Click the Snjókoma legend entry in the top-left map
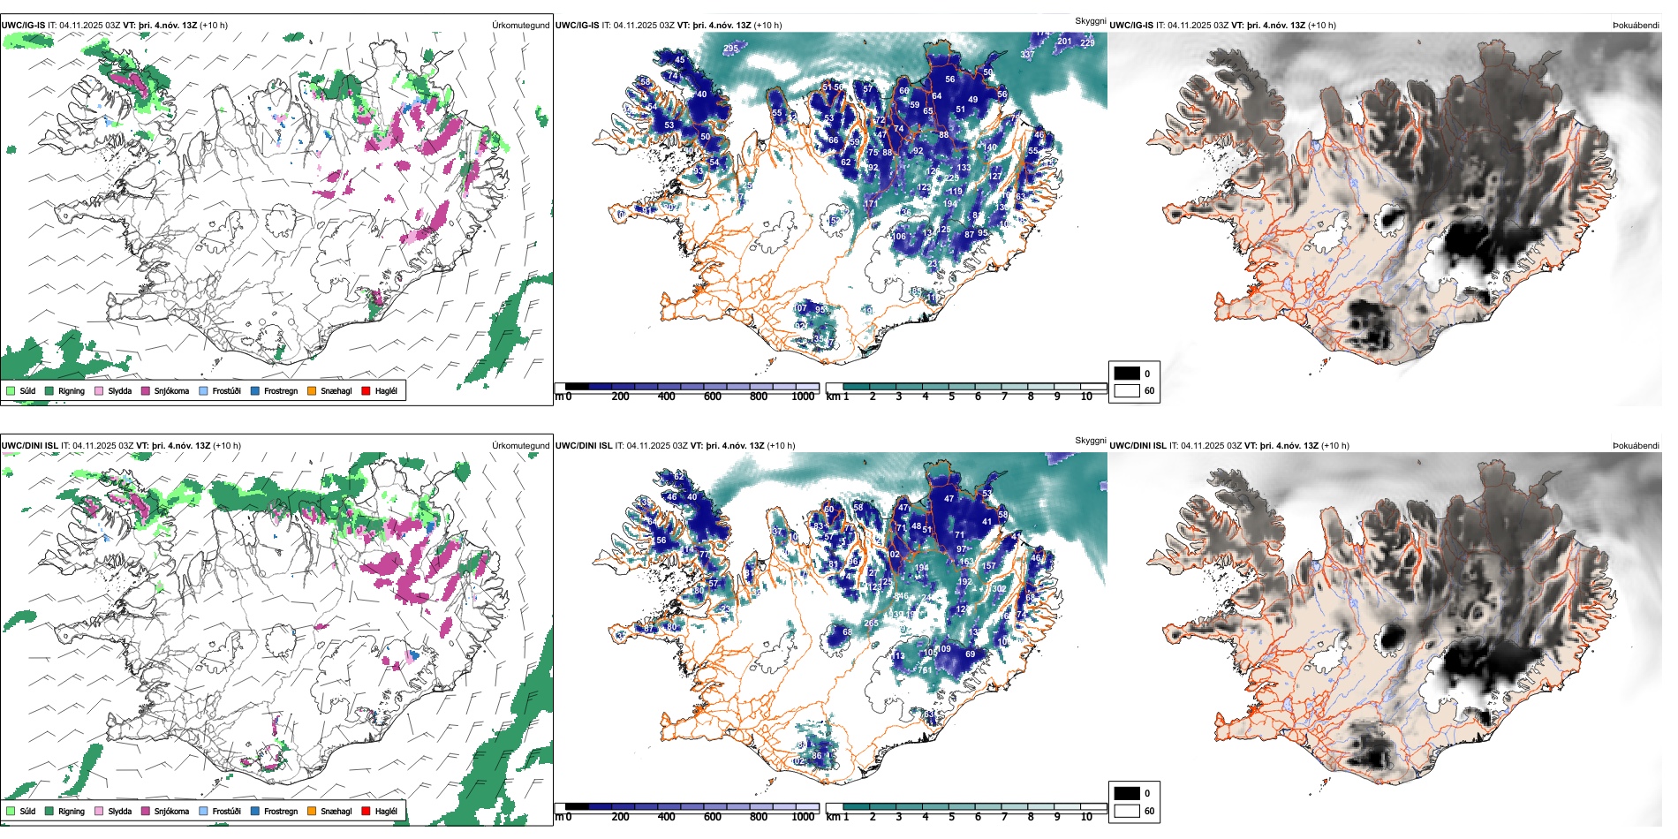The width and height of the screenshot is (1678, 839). pos(170,390)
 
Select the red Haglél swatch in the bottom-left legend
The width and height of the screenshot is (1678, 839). pos(366,811)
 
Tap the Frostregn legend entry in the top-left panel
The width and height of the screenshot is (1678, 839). pos(280,390)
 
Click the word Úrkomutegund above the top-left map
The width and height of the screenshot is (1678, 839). pos(520,25)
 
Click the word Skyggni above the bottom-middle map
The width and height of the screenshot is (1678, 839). pos(1090,440)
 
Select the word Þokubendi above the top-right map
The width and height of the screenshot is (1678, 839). pos(1636,25)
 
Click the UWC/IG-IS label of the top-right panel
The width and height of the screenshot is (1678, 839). pos(1131,25)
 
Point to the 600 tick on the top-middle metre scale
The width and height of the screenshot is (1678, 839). pos(712,397)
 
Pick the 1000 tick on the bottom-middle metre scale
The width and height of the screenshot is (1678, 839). pos(803,817)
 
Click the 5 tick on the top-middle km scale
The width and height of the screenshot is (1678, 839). pos(951,397)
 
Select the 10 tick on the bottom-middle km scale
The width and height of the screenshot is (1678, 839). pos(1086,817)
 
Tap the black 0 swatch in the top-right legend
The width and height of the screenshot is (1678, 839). pos(1127,374)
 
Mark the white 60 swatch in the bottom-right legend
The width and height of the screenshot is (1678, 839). pos(1127,811)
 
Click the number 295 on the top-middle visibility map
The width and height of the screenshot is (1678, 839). pos(731,49)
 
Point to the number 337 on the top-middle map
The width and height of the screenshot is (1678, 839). pos(1027,55)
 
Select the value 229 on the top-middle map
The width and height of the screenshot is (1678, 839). pos(1087,42)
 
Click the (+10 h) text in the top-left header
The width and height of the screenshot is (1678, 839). pos(214,25)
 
